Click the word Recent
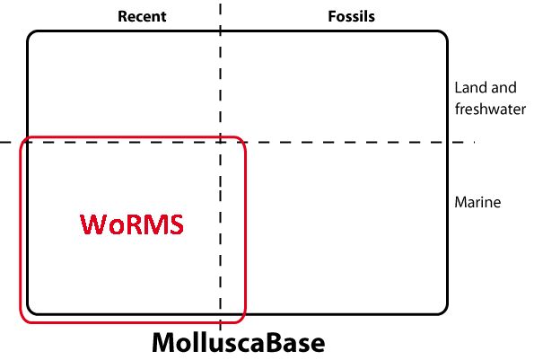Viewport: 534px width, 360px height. coord(142,16)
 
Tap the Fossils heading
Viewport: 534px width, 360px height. coord(351,16)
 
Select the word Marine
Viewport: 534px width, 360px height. coord(477,202)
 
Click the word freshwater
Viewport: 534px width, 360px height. coord(490,110)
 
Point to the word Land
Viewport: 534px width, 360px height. coord(469,87)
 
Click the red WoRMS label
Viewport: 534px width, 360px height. coord(132,224)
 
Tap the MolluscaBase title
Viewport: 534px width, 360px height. coord(238,342)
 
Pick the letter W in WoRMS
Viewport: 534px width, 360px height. coord(92,224)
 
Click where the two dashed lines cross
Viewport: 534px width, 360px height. coord(221,142)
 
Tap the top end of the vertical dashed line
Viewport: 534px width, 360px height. coord(221,4)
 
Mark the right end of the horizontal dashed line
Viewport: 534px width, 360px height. coord(474,142)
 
